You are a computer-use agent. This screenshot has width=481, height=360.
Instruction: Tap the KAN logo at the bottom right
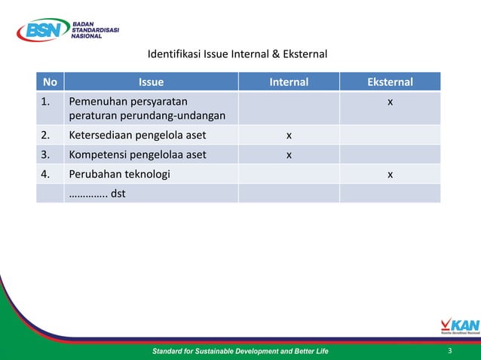click(459, 326)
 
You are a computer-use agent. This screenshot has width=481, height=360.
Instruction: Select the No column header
click(50, 82)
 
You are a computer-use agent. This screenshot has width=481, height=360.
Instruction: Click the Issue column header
click(151, 82)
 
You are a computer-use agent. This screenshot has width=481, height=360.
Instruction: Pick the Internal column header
click(289, 82)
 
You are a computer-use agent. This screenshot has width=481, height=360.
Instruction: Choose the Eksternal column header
click(390, 82)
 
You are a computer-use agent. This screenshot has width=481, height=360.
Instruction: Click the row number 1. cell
click(47, 101)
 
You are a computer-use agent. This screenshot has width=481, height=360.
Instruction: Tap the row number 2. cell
click(47, 136)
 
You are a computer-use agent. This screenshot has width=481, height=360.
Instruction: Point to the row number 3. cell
click(47, 155)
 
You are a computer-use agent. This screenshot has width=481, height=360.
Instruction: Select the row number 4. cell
click(47, 175)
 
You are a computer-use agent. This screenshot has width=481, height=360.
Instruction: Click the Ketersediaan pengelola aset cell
click(137, 136)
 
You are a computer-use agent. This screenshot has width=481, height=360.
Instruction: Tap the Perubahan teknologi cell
click(119, 175)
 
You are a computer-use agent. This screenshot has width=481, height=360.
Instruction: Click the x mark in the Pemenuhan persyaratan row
click(390, 101)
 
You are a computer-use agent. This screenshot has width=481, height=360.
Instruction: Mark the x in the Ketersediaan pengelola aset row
click(289, 136)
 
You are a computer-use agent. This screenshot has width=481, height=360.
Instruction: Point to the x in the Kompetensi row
click(289, 155)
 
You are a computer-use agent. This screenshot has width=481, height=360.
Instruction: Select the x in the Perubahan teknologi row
click(390, 175)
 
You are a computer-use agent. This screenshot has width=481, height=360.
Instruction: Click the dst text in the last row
click(118, 194)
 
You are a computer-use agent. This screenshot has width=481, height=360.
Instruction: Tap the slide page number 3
click(449, 351)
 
